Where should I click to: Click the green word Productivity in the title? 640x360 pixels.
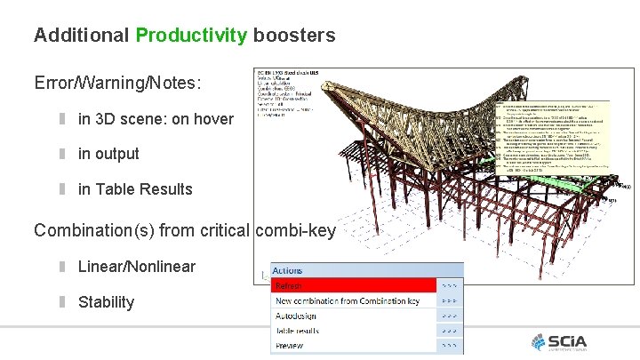tap(190, 36)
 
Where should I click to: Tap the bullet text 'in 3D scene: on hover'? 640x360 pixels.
tap(156, 119)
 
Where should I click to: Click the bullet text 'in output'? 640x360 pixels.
tap(108, 154)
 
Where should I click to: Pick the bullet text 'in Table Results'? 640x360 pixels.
tap(135, 188)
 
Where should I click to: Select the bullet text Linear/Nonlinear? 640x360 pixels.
tap(137, 267)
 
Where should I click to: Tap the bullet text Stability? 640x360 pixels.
tap(106, 301)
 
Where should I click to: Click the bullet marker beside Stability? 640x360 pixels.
tap(63, 301)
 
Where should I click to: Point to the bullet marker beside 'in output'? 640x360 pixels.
tap(63, 154)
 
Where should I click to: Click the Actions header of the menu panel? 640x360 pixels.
tap(288, 270)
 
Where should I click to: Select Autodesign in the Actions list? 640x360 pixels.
tap(295, 316)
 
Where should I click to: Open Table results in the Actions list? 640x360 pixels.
tap(297, 331)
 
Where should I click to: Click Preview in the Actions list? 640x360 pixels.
tap(290, 346)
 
